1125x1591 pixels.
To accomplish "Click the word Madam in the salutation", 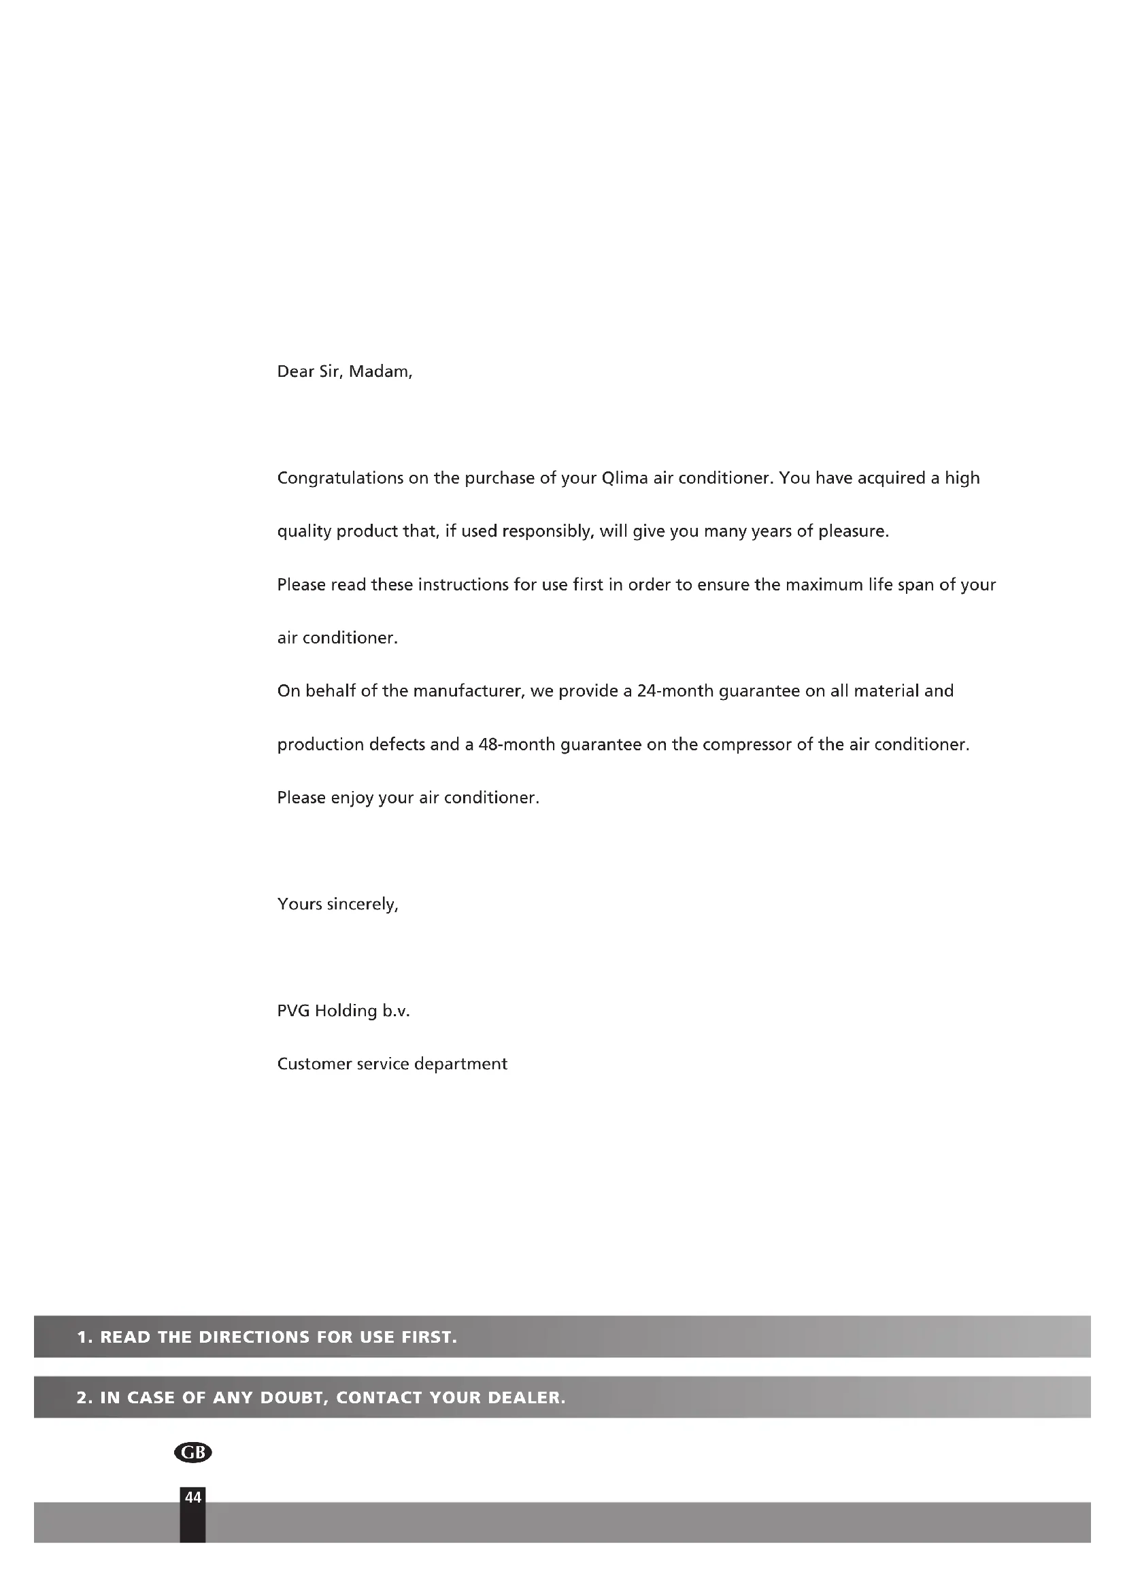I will (x=380, y=371).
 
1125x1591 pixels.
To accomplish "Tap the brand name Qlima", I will (x=625, y=478).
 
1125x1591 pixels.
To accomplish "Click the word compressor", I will (x=747, y=744).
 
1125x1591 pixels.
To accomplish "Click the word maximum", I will (x=824, y=585).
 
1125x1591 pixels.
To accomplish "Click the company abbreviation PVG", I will (x=294, y=1011).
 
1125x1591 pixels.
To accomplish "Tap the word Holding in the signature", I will (x=346, y=1011).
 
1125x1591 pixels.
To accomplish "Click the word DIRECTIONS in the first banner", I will (x=254, y=1337).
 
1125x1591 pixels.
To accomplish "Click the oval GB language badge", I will (x=192, y=1452).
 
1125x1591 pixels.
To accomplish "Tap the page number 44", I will (x=192, y=1497).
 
